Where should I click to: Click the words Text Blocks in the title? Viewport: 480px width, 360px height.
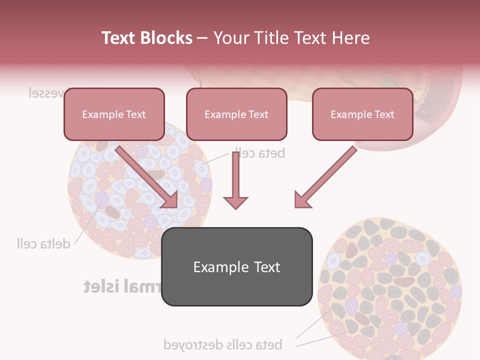coord(147,38)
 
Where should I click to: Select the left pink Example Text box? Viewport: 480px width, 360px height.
coord(114,114)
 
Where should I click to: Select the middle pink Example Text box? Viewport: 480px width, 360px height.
coord(236,114)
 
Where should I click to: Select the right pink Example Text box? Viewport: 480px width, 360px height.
coord(362,114)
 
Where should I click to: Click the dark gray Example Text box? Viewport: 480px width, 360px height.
coord(236,267)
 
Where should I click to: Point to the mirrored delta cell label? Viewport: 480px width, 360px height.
coord(43,243)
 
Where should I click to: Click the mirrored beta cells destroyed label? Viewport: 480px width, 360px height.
coord(223,344)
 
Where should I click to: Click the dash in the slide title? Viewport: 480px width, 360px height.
coord(202,38)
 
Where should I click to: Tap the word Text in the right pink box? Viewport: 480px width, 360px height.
coord(384,114)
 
